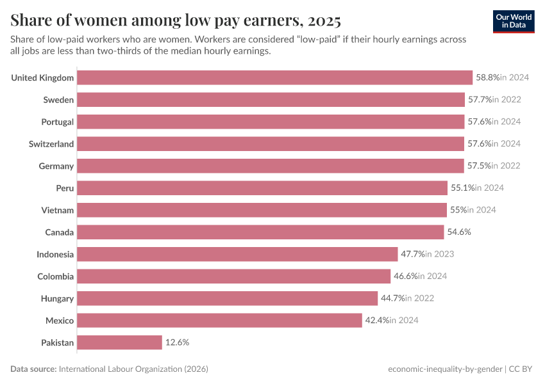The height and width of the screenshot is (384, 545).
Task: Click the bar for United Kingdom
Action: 274,77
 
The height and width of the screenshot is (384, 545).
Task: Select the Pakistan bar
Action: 119,342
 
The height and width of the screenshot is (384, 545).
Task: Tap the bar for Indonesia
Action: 237,254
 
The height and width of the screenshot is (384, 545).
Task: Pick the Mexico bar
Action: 219,321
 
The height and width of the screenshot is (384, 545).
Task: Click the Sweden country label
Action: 58,100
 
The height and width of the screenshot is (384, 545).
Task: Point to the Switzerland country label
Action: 51,144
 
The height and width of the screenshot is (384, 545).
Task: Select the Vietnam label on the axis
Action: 58,210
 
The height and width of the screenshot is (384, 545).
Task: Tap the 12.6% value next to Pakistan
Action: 177,342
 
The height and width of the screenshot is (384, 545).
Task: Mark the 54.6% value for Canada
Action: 459,232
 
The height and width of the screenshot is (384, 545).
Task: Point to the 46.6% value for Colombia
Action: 406,276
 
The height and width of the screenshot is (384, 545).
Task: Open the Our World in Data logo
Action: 514,21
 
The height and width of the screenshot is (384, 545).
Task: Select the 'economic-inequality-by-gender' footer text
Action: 445,369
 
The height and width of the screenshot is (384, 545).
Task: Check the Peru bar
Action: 262,188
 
